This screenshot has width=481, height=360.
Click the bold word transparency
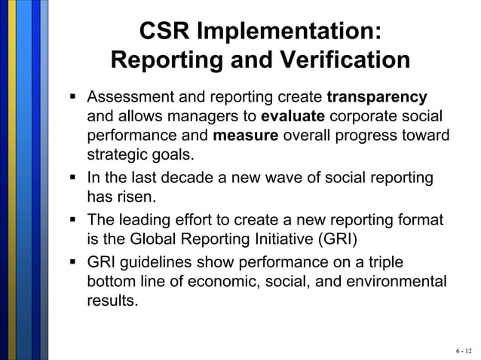(x=377, y=98)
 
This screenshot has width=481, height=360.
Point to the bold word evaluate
(x=293, y=117)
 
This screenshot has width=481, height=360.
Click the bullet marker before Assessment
(x=74, y=98)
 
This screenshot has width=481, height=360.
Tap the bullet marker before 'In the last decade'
(x=74, y=178)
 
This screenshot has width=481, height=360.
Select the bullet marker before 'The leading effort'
(x=74, y=221)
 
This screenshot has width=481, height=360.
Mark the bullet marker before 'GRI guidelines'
(x=74, y=262)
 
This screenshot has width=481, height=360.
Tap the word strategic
(x=114, y=157)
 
